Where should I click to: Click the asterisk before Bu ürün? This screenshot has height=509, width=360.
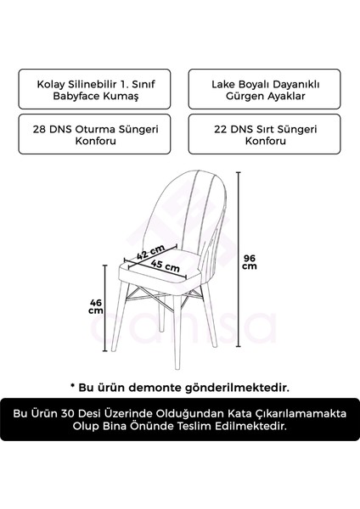click(74, 386)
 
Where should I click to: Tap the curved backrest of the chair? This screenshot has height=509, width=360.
click(183, 204)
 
